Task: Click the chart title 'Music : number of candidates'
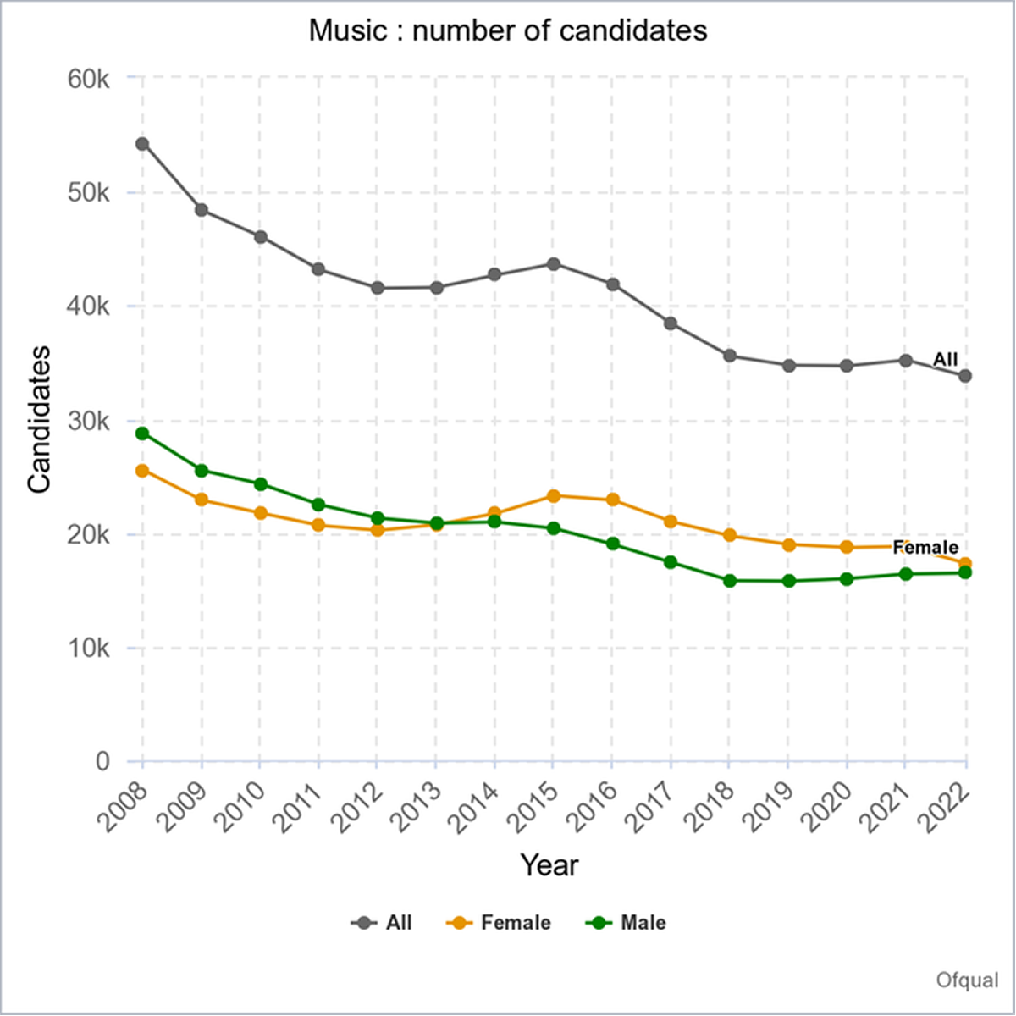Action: click(x=508, y=31)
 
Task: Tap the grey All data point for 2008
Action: click(x=142, y=144)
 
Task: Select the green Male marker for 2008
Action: click(x=142, y=433)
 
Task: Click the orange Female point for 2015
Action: click(x=553, y=496)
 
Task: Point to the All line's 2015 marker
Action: click(x=553, y=264)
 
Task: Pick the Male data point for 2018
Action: click(x=729, y=581)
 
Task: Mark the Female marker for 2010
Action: click(x=260, y=513)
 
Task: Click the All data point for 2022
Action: click(x=965, y=376)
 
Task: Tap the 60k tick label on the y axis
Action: click(x=88, y=79)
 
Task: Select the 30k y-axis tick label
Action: click(x=88, y=421)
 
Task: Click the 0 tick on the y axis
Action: click(x=102, y=762)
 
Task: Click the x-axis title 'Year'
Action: click(x=549, y=865)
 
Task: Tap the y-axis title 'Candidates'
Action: click(x=40, y=420)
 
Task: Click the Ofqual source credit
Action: click(x=967, y=980)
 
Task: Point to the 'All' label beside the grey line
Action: click(x=945, y=360)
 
